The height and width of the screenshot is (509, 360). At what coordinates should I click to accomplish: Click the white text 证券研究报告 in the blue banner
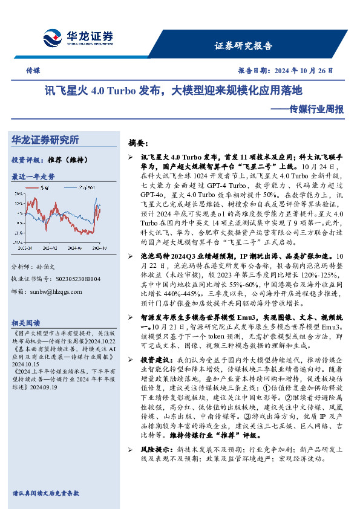(x=244, y=46)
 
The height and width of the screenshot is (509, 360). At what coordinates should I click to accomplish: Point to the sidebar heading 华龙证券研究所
(x=45, y=140)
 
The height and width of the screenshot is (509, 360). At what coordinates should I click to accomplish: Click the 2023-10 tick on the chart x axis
(x=25, y=247)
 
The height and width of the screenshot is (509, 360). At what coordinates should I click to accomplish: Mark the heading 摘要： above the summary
(x=138, y=144)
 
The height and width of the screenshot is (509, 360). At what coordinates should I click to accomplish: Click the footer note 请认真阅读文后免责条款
(x=45, y=493)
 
